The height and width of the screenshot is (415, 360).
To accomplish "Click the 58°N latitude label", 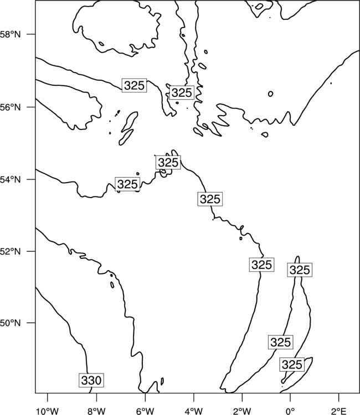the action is click(11, 34).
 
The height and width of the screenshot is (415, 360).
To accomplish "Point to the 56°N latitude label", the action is click(11, 107).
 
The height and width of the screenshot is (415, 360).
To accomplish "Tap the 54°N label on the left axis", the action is click(11, 180).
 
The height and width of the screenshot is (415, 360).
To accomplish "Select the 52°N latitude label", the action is click(11, 251).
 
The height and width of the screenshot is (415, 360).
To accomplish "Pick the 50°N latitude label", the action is click(11, 323).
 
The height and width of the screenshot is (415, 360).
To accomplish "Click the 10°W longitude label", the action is click(48, 411).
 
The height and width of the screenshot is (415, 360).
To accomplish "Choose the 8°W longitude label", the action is click(96, 411).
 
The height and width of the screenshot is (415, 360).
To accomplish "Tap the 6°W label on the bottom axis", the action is click(145, 411).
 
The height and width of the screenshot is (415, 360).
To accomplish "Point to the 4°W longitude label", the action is click(194, 411).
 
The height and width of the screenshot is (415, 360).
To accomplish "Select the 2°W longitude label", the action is click(242, 411).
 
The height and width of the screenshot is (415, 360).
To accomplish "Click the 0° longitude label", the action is click(290, 411).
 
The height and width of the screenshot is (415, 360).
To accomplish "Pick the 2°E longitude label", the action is click(339, 411).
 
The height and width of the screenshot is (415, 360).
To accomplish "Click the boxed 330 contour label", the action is click(91, 380).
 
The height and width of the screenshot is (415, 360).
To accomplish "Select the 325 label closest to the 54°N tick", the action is click(127, 184).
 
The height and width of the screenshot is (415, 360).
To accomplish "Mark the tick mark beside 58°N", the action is click(31, 34).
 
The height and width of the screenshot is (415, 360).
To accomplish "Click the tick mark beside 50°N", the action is click(31, 323).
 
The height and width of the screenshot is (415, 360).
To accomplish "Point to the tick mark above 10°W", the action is click(48, 397).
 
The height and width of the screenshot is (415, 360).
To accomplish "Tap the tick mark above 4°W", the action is click(194, 397).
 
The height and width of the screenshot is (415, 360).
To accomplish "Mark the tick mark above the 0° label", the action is click(290, 397).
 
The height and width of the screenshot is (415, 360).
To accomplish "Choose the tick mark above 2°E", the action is click(339, 397).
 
